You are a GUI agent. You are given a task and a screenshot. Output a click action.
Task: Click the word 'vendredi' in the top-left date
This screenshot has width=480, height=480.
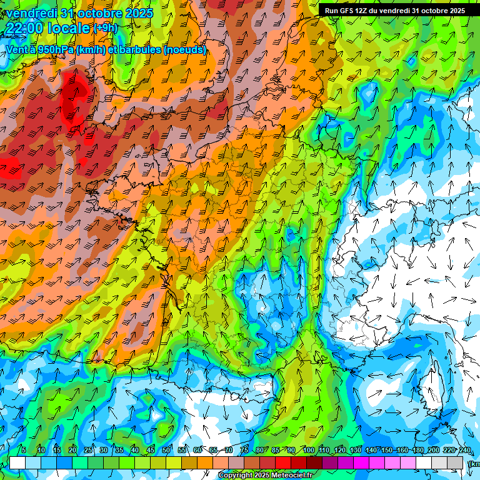click(29, 13)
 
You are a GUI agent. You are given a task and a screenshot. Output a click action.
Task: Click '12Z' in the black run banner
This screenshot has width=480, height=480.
click(361, 11)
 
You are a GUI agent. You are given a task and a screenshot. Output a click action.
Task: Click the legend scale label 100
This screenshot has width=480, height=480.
click(308, 450)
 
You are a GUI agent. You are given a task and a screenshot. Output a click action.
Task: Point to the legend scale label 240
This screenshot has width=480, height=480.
click(464, 450)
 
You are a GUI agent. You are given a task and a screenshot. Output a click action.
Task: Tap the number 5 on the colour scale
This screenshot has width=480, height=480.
click(24, 450)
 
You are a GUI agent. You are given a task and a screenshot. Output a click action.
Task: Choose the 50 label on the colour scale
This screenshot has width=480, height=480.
click(166, 450)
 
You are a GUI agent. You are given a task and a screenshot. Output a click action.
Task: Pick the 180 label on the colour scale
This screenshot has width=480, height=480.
click(417, 450)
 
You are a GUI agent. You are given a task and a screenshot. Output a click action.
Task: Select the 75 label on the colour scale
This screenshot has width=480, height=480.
click(244, 450)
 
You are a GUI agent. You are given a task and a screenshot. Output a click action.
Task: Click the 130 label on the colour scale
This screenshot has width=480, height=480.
click(355, 450)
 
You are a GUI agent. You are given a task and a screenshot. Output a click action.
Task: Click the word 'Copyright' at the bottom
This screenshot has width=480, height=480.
click(234, 476)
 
